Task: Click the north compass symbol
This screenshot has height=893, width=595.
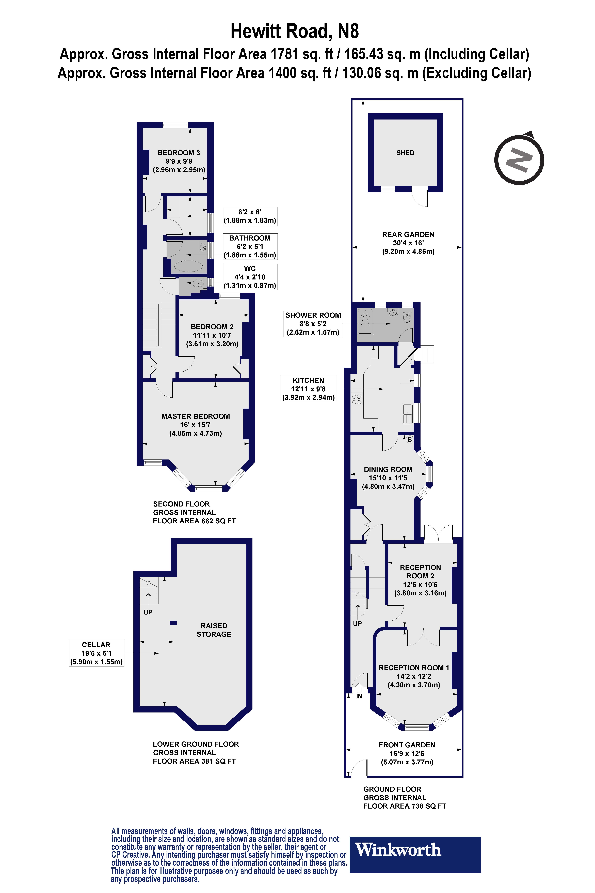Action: coord(519,159)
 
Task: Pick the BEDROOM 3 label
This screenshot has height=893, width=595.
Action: coord(179,153)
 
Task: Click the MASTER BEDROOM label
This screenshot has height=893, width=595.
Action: coord(195,416)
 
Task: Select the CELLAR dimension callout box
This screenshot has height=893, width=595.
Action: coord(96,653)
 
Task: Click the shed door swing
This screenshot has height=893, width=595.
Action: coord(420,196)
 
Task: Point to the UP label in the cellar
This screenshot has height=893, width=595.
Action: coord(148,612)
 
